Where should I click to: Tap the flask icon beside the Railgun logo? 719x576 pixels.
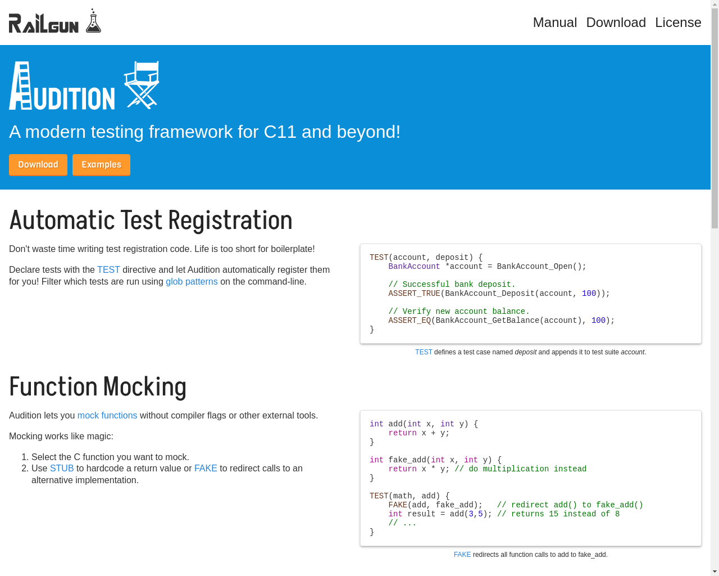[x=93, y=21]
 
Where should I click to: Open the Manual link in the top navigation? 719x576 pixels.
[x=554, y=22]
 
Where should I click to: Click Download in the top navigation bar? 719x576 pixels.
[x=616, y=22]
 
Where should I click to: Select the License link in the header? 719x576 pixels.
[x=678, y=22]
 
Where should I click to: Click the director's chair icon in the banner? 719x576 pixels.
[x=142, y=85]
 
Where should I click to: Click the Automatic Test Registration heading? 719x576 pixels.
[x=151, y=220]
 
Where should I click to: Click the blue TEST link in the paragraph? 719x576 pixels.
[x=108, y=270]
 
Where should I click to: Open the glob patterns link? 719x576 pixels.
[x=192, y=281]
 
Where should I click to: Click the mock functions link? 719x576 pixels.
[x=107, y=415]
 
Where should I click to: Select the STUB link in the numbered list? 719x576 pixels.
[x=62, y=468]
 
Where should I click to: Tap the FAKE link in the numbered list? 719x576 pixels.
[x=206, y=468]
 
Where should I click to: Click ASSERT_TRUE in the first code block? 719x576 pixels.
[x=414, y=294]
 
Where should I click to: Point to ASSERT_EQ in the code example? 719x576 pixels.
[x=409, y=321]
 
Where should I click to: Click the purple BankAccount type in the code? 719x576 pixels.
[x=414, y=267]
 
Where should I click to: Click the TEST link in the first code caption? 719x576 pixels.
[x=424, y=352]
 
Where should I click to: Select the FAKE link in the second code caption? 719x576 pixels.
[x=462, y=555]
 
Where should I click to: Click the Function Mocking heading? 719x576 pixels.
[x=98, y=386]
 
